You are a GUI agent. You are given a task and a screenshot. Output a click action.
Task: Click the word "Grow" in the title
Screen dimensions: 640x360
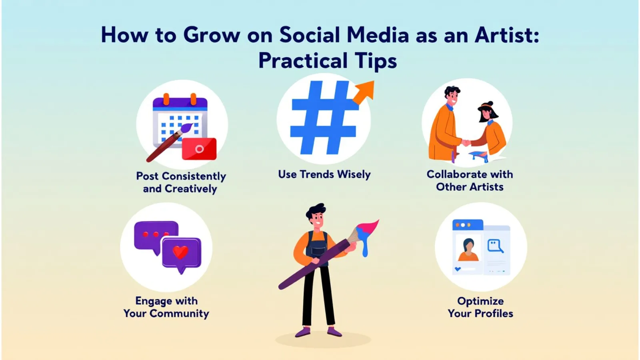[212, 35]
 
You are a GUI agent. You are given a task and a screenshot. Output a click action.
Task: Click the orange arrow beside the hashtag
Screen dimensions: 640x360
[364, 92]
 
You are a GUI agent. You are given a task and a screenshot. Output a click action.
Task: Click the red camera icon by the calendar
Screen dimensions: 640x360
[199, 148]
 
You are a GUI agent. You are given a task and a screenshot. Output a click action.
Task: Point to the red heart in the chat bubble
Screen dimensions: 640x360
[180, 252]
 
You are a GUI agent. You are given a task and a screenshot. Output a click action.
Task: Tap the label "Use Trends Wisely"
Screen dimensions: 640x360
[324, 174]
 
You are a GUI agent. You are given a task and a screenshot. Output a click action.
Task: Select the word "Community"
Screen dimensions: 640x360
[179, 314]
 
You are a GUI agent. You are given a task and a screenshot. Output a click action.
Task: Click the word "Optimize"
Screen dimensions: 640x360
[480, 302]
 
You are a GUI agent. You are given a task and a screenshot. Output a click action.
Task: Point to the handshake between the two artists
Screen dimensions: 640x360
[466, 143]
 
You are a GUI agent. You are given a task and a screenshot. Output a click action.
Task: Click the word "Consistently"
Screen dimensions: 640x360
[194, 176]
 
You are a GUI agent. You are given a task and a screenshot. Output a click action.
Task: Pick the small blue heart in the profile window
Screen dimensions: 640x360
[458, 269]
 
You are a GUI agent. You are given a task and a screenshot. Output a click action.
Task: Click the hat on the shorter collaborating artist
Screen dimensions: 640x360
[487, 106]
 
